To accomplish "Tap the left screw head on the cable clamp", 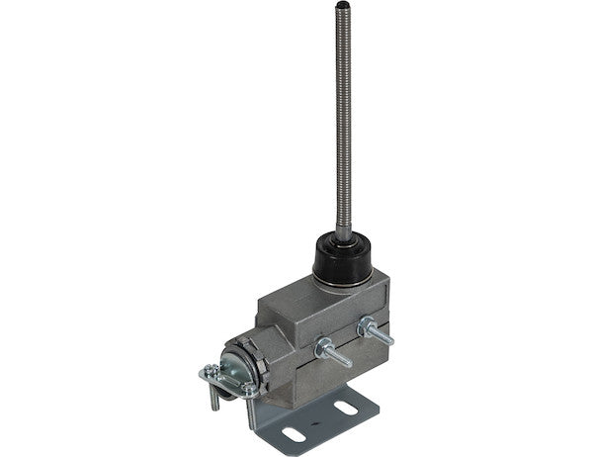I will [212, 372].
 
